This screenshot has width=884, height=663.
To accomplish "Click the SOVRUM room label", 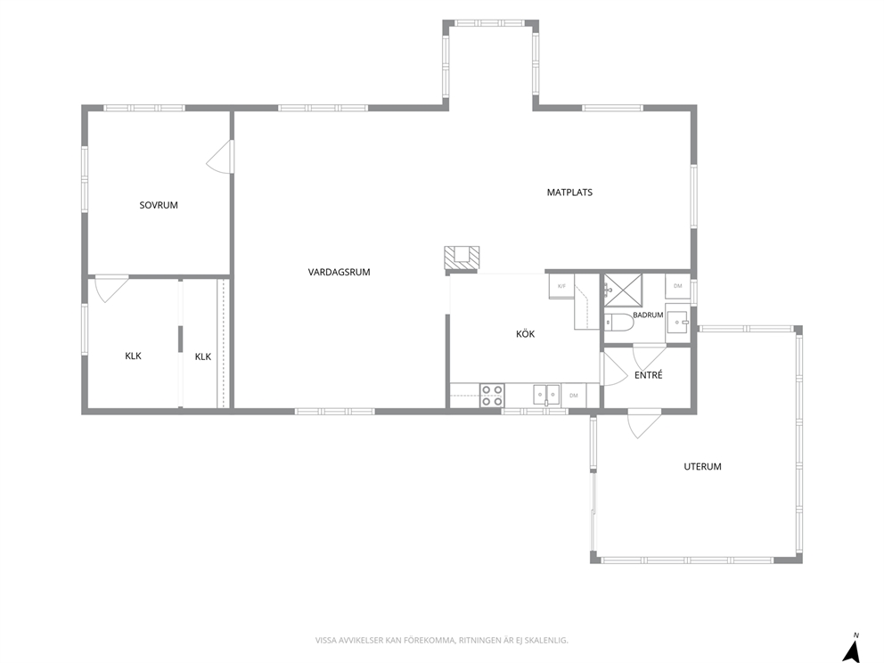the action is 159,205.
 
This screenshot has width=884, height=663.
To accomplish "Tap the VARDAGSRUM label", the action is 339,272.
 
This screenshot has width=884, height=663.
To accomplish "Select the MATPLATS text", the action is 569,192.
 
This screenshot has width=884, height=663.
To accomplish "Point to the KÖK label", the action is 526,334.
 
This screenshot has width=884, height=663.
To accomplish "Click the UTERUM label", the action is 702,466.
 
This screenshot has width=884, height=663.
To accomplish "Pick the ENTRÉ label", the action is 649,374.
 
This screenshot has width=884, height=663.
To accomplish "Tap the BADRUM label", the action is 648,315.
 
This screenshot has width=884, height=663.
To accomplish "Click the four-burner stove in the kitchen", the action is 492,395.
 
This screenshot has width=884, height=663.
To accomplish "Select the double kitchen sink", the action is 546,395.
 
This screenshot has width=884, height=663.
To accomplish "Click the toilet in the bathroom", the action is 617,322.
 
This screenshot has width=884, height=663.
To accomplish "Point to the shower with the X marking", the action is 623,290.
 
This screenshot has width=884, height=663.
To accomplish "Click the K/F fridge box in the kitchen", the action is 561,286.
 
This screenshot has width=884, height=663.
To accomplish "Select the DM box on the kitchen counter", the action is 573,395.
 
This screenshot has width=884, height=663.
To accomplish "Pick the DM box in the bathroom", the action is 677,286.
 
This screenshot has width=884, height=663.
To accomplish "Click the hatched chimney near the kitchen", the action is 462,258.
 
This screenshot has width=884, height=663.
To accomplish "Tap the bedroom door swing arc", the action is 217,158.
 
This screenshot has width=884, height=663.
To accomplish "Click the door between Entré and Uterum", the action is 643,426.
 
